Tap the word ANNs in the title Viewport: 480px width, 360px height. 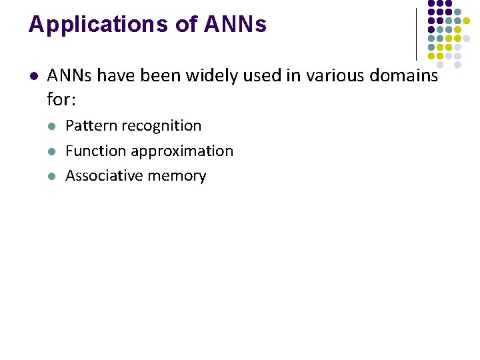click(235, 25)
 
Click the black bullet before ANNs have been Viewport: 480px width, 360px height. click(33, 76)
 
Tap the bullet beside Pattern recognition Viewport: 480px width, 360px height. click(53, 126)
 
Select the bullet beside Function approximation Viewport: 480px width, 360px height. click(53, 151)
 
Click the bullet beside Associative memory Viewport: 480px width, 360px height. click(53, 177)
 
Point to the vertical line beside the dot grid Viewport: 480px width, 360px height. click(416, 33)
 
